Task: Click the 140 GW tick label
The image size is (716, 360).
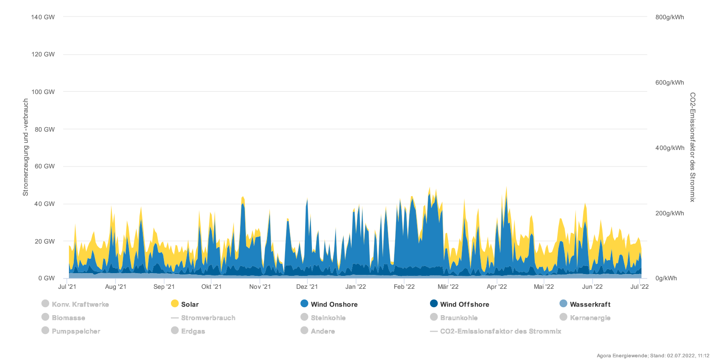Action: pyautogui.click(x=43, y=17)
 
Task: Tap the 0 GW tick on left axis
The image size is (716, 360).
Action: pyautogui.click(x=47, y=278)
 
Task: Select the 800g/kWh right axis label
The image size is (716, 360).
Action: pyautogui.click(x=669, y=17)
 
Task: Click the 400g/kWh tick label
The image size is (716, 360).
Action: pyautogui.click(x=669, y=148)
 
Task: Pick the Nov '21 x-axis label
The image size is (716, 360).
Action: pyautogui.click(x=260, y=287)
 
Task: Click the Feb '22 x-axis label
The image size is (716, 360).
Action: pyautogui.click(x=404, y=287)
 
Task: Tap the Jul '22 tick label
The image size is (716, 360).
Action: pyautogui.click(x=639, y=287)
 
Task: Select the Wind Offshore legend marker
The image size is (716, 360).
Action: pyautogui.click(x=434, y=304)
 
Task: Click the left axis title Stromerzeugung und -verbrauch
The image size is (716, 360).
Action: pyautogui.click(x=26, y=147)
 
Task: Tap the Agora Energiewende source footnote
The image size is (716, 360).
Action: pyautogui.click(x=653, y=356)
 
